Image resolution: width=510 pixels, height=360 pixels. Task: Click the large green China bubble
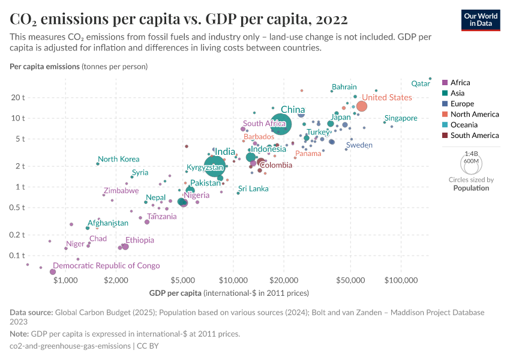pos(280,124)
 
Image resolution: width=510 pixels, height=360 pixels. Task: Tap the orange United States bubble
pos(362,106)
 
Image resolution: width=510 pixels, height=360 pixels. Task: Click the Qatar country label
pos(421,83)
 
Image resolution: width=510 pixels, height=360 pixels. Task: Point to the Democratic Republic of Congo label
pos(106,266)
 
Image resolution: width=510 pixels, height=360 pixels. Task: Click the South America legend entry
pos(474,136)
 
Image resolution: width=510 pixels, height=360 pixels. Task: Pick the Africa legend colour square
pos(445,83)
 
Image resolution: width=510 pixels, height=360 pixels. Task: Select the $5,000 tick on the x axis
pos(183,280)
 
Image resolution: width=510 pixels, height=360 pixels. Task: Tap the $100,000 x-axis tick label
pos(400,280)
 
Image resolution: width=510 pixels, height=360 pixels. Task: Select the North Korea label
pos(118,159)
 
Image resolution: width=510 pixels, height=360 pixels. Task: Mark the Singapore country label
pos(401,118)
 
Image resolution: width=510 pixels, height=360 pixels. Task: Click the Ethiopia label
pos(139,240)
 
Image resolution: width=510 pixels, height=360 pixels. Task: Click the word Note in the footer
pos(19,334)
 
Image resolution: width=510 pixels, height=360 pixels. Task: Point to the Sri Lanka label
pos(253,188)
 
